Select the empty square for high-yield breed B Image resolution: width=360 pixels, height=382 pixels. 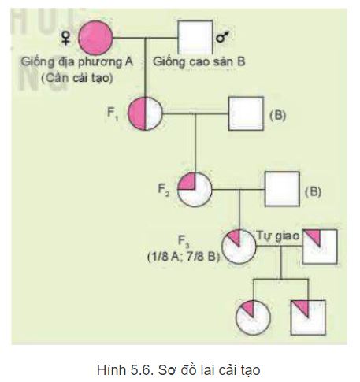click(194, 35)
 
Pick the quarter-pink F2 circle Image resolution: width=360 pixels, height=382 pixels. click(194, 190)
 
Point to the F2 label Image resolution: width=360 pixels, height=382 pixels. click(162, 189)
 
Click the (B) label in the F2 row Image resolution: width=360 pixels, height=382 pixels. click(313, 191)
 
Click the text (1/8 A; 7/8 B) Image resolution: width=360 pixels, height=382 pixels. click(182, 258)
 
